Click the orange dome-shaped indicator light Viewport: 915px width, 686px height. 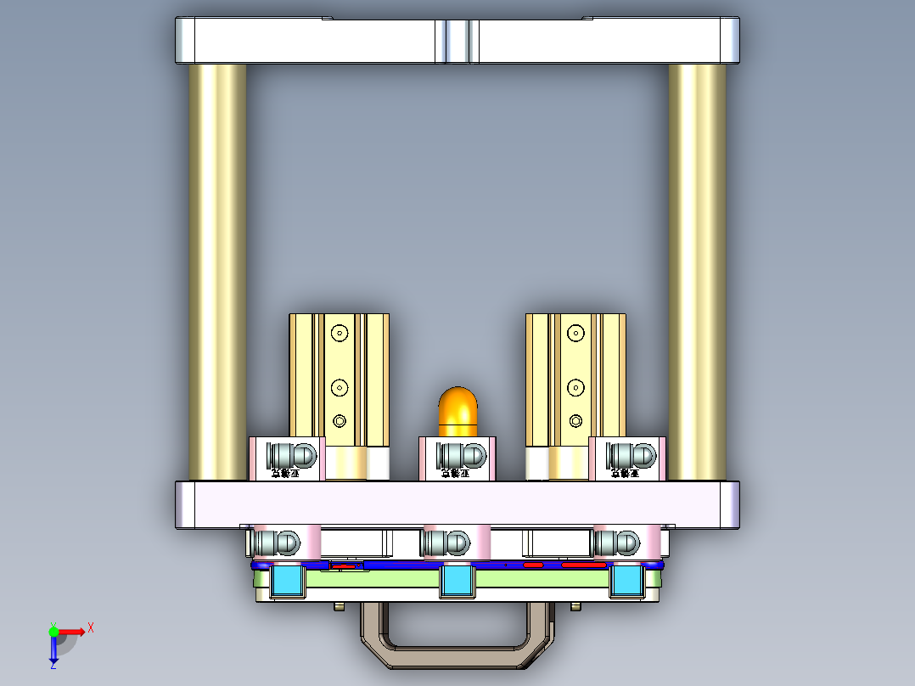[458, 409]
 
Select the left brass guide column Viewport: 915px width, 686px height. [217, 272]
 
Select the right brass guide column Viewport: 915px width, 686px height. [698, 272]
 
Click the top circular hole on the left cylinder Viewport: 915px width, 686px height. [340, 332]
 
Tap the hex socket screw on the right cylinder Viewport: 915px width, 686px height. [576, 420]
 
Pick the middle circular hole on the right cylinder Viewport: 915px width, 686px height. [576, 388]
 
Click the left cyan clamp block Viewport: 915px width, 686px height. [288, 582]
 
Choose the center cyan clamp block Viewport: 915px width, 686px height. [457, 582]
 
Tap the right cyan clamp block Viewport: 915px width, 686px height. [627, 582]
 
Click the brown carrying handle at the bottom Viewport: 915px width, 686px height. [458, 658]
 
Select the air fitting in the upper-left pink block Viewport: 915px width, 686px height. [292, 456]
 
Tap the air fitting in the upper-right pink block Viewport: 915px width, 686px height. [632, 456]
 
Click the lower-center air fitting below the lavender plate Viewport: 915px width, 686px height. [446, 542]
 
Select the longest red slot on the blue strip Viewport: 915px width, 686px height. [584, 565]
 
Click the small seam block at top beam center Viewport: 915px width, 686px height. [457, 40]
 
